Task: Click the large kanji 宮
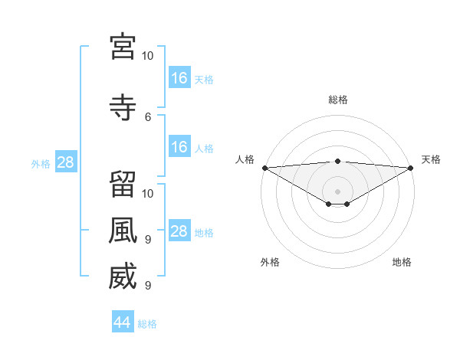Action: coord(122,47)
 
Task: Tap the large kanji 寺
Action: coord(122,108)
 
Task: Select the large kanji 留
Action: coord(122,185)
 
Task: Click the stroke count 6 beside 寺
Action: coord(148,117)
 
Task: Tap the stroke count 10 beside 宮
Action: coord(148,56)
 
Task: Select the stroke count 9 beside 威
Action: coord(148,286)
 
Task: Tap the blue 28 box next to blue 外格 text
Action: coord(65,162)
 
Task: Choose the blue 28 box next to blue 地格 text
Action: coord(179,231)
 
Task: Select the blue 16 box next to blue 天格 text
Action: coord(179,77)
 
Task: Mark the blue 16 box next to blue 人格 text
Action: coord(179,147)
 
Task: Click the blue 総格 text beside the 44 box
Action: coord(147,324)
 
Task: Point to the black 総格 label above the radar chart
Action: coord(338,100)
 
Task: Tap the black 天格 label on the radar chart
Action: coord(432,159)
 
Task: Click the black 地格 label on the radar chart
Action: coord(402,262)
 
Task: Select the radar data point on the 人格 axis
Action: coord(264,167)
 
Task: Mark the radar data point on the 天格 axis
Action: coord(410,167)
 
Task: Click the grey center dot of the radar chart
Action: coord(337,191)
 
